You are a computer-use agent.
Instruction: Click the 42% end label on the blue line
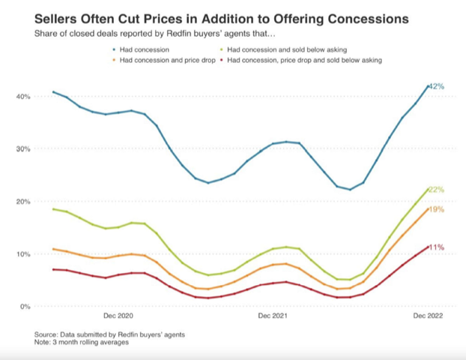click(x=437, y=87)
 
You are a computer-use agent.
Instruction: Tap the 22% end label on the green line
click(x=437, y=190)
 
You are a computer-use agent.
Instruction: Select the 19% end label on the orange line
click(x=437, y=210)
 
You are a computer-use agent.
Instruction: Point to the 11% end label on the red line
click(x=437, y=247)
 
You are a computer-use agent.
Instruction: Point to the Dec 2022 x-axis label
click(x=429, y=317)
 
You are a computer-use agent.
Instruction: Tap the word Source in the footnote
click(x=46, y=334)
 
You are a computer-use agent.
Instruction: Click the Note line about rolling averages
click(x=80, y=342)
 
